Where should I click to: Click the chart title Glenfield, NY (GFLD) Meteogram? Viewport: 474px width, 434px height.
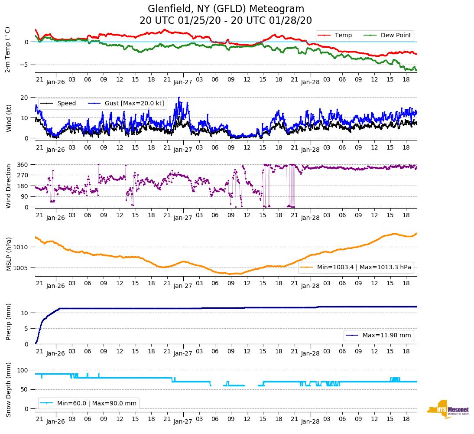[x=226, y=9]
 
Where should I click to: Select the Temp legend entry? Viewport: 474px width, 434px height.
[x=343, y=35]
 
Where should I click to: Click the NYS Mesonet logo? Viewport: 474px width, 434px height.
[x=448, y=409]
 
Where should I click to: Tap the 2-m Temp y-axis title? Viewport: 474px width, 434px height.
[x=7, y=49]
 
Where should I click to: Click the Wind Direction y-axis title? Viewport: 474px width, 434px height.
[x=9, y=186]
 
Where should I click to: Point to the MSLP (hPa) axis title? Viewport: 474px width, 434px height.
[x=9, y=254]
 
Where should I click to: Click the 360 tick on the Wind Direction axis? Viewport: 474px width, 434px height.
[x=23, y=165]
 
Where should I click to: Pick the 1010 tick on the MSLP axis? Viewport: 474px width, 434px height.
[x=21, y=247]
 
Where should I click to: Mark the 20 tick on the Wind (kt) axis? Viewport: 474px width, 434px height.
[x=25, y=97]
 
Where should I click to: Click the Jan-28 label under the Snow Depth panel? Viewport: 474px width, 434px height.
[x=310, y=421]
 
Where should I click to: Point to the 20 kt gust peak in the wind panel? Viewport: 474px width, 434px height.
[x=179, y=97]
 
